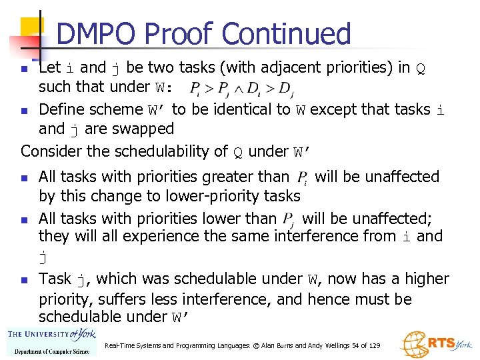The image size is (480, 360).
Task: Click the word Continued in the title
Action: [x=286, y=35]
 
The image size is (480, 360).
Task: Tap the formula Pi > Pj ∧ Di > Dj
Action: [x=242, y=88]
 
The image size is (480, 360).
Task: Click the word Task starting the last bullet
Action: [x=55, y=279]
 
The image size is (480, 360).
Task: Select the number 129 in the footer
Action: [x=374, y=346]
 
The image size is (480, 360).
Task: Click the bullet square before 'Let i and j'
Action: [x=24, y=69]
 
